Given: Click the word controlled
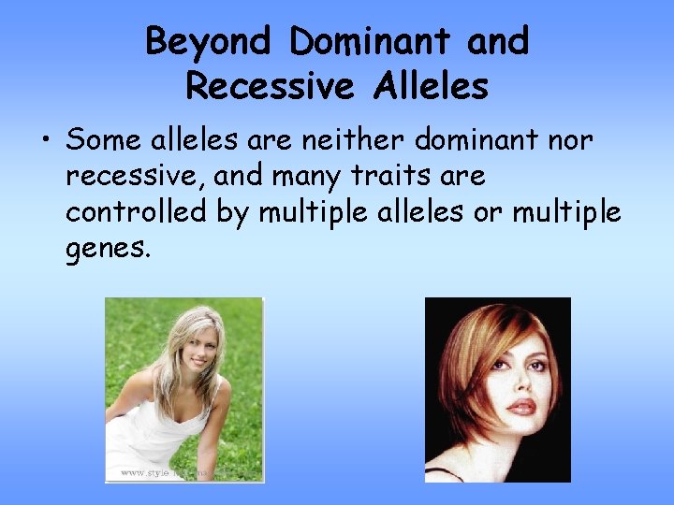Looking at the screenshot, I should pyautogui.click(x=136, y=212).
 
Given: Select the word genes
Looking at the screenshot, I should pyautogui.click(x=107, y=251).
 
